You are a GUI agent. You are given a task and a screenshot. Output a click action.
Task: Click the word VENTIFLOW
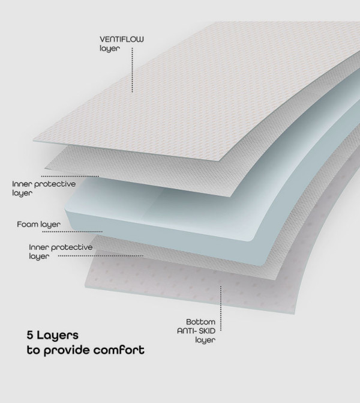pos(122,39)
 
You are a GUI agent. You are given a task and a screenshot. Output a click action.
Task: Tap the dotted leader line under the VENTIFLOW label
pos(132,70)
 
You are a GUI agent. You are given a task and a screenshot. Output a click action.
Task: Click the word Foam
pos(26,224)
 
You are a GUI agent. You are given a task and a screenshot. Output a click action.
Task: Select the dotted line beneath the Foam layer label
pos(73,232)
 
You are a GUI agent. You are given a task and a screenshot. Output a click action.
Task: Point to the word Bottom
pos(200,322)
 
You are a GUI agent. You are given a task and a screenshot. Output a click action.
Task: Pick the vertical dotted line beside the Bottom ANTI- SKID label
pos(221,309)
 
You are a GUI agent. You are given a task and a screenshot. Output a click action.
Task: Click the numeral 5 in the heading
pos(30,335)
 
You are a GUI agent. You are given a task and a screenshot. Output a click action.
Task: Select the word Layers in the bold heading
pos(58,335)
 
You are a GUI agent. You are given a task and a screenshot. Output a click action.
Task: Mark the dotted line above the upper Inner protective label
pos(70,177)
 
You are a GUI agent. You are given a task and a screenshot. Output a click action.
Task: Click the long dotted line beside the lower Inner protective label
pos(101,256)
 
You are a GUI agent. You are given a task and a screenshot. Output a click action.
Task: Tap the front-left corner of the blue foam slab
pos(65,211)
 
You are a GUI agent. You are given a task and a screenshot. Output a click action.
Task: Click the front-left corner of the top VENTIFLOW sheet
pos(34,141)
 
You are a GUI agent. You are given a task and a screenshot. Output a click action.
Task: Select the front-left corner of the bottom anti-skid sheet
pos(85,287)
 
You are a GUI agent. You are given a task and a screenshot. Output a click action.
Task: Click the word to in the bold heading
pos(34,350)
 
